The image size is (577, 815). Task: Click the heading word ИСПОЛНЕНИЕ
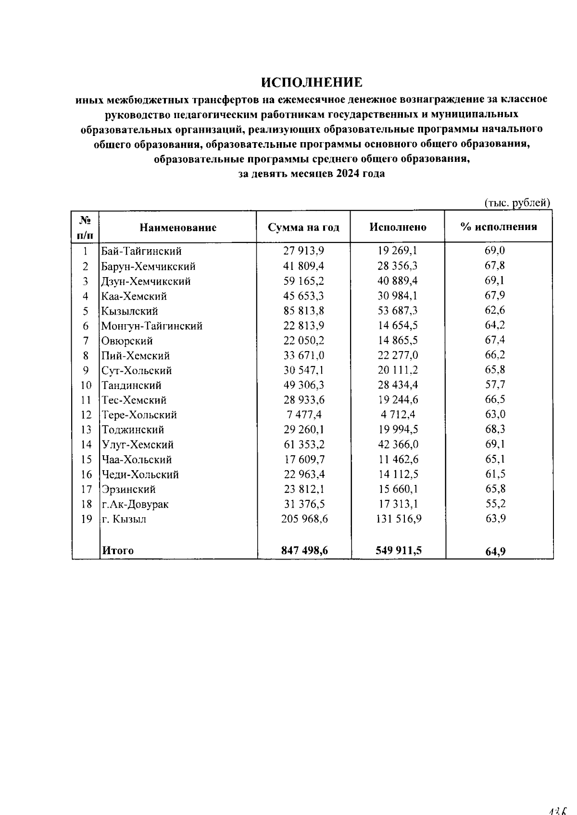point(312,82)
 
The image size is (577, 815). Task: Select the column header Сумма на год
point(303,228)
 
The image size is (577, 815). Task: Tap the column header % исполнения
point(498,227)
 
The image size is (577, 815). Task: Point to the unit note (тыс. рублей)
point(517,203)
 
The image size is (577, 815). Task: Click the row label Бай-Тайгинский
point(141,251)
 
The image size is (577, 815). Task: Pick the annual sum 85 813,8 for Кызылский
point(303,311)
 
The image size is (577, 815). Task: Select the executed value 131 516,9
point(399,519)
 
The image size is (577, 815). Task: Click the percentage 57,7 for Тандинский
point(495,385)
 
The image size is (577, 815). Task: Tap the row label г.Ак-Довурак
point(135,504)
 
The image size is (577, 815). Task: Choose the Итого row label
point(118,550)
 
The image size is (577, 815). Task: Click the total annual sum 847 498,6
point(304,550)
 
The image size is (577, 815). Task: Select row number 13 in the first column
point(86,430)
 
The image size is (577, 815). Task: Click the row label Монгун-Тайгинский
point(151,326)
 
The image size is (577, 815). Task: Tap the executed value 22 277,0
point(398,355)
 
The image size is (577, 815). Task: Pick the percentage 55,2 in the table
point(495,504)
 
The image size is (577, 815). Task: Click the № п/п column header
point(85,227)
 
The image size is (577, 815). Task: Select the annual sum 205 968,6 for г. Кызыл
point(304,519)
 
